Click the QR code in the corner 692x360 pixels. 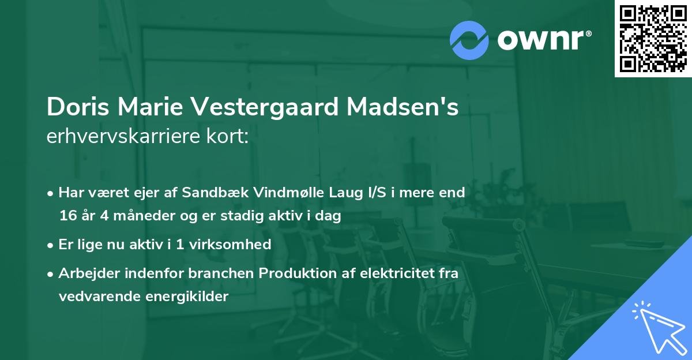[653, 39]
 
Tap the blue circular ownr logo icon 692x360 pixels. [469, 40]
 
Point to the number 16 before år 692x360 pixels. [67, 216]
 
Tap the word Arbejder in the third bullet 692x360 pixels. [86, 273]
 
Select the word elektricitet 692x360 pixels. [391, 273]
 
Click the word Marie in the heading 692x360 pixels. [162, 107]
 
